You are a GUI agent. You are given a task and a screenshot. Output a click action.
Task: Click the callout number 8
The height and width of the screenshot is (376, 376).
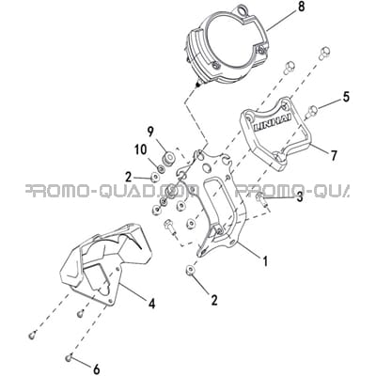pos(301,7)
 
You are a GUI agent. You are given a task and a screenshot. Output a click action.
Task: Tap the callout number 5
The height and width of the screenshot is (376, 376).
pos(346,97)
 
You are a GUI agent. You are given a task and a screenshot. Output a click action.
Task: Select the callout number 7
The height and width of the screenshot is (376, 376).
pos(334,155)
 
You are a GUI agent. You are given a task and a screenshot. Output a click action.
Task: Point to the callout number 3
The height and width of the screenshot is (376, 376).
pos(300,197)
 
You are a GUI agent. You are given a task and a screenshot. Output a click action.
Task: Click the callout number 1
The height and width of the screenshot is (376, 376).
pos(265,261)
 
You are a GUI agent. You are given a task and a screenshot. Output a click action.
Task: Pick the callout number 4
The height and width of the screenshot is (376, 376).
pos(151,304)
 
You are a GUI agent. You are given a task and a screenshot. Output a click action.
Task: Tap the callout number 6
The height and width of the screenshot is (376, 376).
pos(97,369)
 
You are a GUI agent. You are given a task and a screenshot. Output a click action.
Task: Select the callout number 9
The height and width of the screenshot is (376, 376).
pos(150,132)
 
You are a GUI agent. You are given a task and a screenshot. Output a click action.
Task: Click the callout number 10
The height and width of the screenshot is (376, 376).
pos(141,149)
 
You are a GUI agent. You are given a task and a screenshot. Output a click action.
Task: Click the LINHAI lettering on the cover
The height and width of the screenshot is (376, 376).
pos(272,123)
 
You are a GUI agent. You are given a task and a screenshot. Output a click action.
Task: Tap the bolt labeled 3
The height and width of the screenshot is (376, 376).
pos(261,199)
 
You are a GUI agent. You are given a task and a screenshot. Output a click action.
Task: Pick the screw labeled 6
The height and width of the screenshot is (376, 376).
pos(70,357)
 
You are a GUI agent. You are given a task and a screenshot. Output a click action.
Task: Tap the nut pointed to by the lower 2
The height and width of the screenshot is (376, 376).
pos(190,270)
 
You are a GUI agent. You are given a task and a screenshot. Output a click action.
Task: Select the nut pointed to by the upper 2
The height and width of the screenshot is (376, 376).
pos(154,178)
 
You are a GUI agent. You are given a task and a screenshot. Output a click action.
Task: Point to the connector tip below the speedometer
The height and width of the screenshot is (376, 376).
pos(197,85)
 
